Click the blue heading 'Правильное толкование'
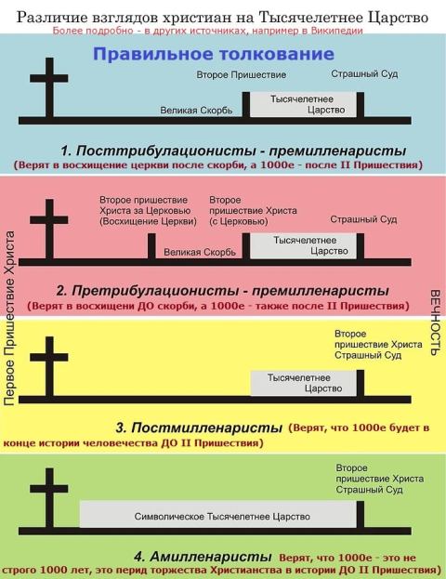coord(214,54)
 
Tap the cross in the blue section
coord(49,88)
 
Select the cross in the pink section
coord(49,230)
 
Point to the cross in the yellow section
coord(49,367)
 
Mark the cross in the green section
coord(49,498)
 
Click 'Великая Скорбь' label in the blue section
coord(196,111)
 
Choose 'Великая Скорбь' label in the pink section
coord(200,252)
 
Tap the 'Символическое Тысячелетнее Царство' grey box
coord(218,514)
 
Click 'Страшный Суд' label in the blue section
coord(364,73)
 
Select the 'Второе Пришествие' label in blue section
coord(241,75)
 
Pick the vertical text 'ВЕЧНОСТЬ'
coord(436,322)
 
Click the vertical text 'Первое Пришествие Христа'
coord(10,318)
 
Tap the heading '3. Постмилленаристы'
coord(199,428)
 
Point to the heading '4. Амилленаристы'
coord(203,556)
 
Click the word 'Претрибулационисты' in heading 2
coord(154,291)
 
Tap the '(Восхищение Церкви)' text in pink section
coord(148,221)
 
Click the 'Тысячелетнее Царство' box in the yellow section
coord(304,383)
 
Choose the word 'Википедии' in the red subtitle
coord(336,31)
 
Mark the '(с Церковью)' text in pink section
coord(239,221)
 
